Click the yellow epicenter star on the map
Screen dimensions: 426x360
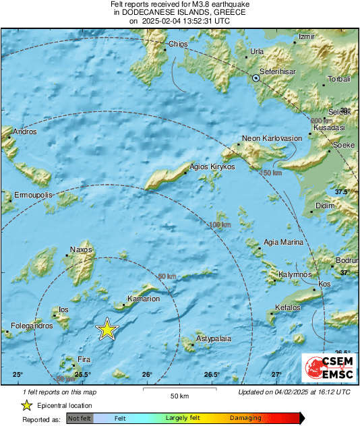point(107,330)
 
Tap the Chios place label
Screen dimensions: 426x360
point(178,44)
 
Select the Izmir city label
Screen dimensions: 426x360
point(306,36)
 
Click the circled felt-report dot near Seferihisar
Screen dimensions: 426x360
point(256,78)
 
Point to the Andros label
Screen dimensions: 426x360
point(25,131)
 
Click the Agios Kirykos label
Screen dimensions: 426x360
point(212,166)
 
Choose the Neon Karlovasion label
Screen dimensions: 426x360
point(272,138)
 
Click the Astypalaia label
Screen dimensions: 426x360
point(213,338)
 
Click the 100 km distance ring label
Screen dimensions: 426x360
point(220,224)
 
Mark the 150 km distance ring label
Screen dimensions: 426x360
point(270,173)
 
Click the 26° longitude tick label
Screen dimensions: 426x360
point(147,374)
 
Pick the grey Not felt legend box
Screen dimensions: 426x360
point(80,418)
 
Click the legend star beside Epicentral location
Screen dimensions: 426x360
point(26,405)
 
